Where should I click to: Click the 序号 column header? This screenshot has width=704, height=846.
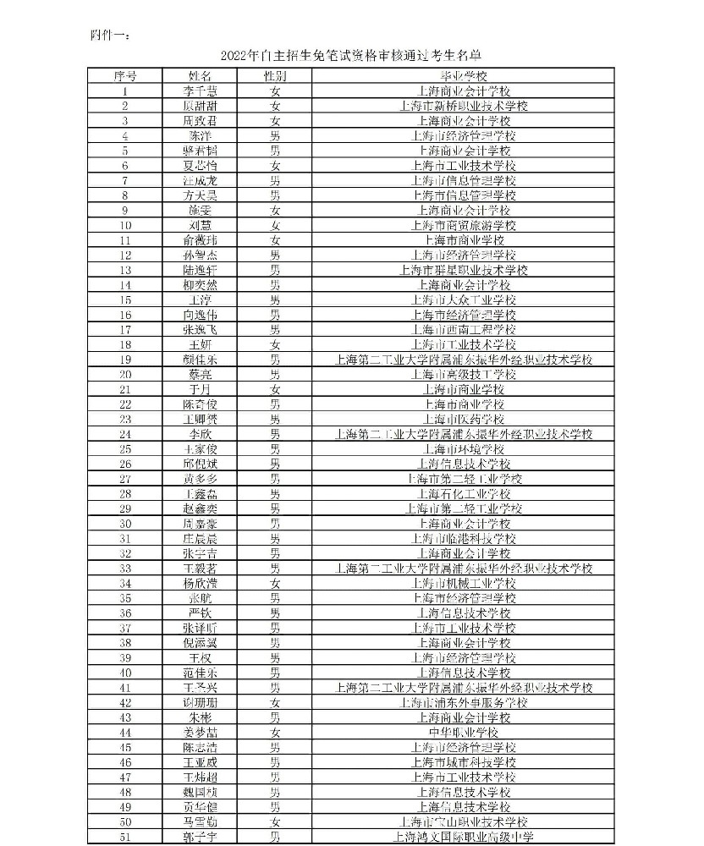(x=125, y=76)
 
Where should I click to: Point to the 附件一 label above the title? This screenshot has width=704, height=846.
(x=109, y=35)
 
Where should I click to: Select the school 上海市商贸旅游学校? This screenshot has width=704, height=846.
(x=464, y=225)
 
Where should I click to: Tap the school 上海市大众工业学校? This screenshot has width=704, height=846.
(x=464, y=299)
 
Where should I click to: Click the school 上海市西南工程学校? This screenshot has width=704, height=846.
(x=464, y=329)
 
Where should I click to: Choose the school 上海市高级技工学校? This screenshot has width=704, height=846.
(x=464, y=374)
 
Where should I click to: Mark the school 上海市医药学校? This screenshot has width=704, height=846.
(x=464, y=419)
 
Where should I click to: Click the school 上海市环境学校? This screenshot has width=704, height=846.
(x=464, y=448)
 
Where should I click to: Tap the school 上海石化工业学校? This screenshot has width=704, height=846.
(x=464, y=493)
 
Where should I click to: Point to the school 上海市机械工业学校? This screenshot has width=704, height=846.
(x=464, y=583)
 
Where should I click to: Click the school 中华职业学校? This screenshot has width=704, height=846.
(x=464, y=732)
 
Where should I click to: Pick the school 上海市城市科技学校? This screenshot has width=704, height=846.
(x=464, y=762)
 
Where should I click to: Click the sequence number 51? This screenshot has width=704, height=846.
(x=125, y=837)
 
